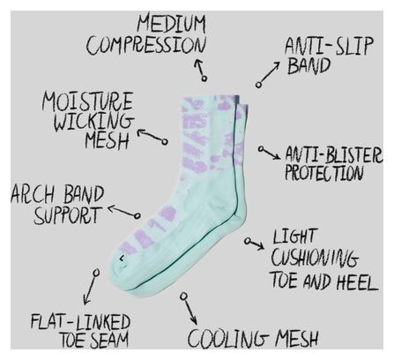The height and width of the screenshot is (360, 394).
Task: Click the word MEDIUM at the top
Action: pyautogui.click(x=171, y=24)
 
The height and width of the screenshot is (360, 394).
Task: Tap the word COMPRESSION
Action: pyautogui.click(x=145, y=45)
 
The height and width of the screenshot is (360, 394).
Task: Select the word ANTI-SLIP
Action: pyautogui.click(x=329, y=46)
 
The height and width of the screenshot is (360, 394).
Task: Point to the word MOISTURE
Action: pyautogui.click(x=87, y=101)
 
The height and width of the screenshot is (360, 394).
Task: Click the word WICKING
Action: pyautogui.click(x=93, y=121)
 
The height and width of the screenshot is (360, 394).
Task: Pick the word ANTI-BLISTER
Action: pyautogui.click(x=334, y=154)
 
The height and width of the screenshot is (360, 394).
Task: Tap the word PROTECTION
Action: pyautogui.click(x=323, y=172)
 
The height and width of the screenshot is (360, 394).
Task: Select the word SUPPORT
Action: pyautogui.click(x=68, y=215)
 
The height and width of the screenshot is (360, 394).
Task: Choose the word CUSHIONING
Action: pyautogui.click(x=315, y=258)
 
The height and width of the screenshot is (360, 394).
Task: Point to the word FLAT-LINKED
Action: pyautogui.click(x=80, y=322)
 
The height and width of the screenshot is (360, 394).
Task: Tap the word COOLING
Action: pyautogui.click(x=228, y=338)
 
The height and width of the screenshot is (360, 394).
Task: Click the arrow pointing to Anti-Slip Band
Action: pyautogui.click(x=267, y=74)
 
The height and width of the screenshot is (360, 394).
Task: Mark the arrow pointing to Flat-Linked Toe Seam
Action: pyautogui.click(x=91, y=287)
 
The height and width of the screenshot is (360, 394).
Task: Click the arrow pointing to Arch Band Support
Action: pyautogui.click(x=123, y=212)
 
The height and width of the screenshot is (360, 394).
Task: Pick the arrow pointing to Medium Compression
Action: pyautogui.click(x=201, y=70)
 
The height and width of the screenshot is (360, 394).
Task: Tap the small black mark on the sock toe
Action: pyautogui.click(x=122, y=259)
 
